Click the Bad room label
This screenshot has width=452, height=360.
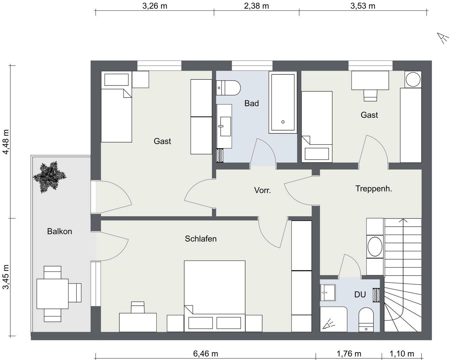coord(251,103)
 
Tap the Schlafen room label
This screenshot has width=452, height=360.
coord(201,239)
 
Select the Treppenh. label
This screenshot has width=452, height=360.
coord(374,189)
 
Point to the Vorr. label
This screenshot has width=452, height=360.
coord(262,190)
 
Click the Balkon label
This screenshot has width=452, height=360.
coord(59,231)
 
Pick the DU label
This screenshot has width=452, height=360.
coord(360,295)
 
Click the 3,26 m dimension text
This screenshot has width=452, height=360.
coord(154,6)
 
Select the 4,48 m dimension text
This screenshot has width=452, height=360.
coord(6,142)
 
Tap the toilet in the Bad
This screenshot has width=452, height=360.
coord(228,88)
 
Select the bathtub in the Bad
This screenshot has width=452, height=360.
coord(283,102)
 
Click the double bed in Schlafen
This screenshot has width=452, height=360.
coord(215,296)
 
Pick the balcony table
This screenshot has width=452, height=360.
coord(52,294)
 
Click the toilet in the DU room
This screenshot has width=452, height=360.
coord(366,320)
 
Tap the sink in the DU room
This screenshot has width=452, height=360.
coord(328,293)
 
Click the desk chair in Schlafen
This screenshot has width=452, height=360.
coord(137,307)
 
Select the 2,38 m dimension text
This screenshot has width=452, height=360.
coord(256,6)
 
